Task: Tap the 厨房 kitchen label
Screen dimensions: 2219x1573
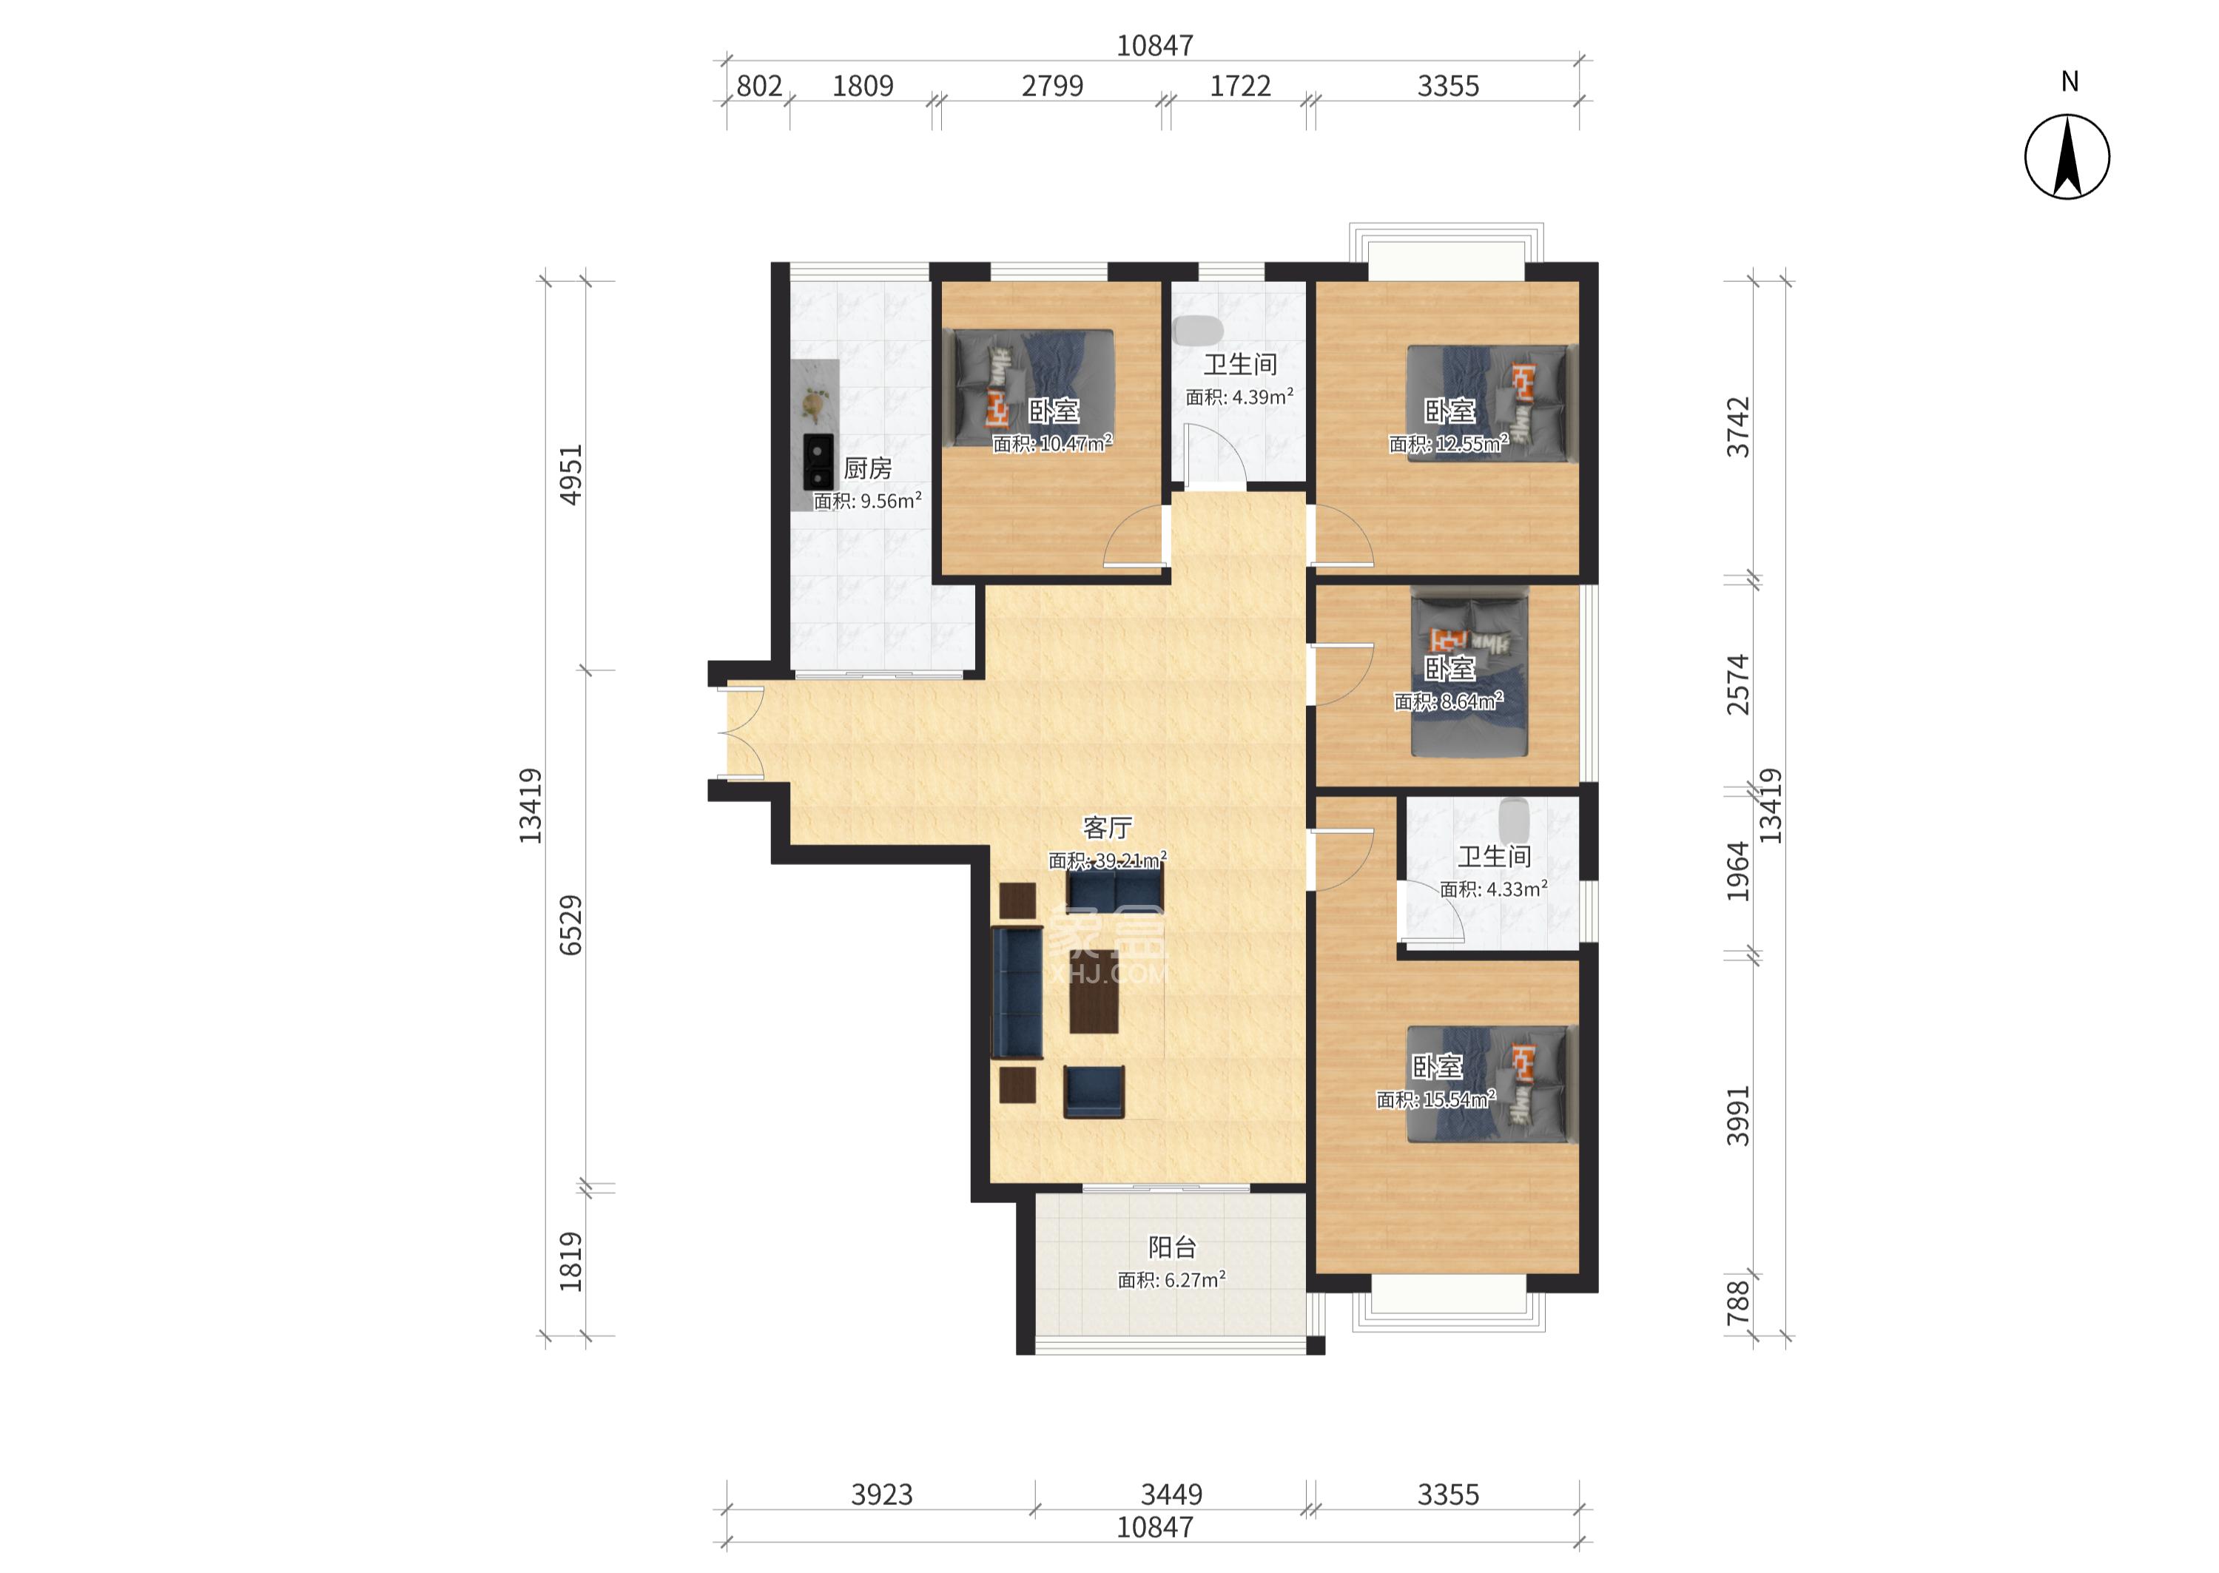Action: pos(867,469)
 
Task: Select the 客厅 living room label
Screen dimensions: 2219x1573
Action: pos(1107,828)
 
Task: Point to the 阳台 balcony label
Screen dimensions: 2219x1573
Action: pos(1172,1247)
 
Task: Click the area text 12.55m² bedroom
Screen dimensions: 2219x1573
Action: pos(1448,445)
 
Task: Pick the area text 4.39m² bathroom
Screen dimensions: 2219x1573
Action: pos(1240,397)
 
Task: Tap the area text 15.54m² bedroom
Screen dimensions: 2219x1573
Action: pos(1435,1099)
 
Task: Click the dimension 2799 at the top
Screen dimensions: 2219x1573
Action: pos(1052,87)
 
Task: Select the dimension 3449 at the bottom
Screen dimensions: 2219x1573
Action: pos(1171,1495)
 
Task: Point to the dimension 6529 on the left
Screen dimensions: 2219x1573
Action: pos(571,925)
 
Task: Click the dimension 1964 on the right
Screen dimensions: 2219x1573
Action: pos(1739,872)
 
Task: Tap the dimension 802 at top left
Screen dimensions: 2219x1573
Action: pos(758,87)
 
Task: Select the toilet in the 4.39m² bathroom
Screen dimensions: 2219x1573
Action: pos(1198,330)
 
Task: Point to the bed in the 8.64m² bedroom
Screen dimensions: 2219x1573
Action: pos(1469,673)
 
